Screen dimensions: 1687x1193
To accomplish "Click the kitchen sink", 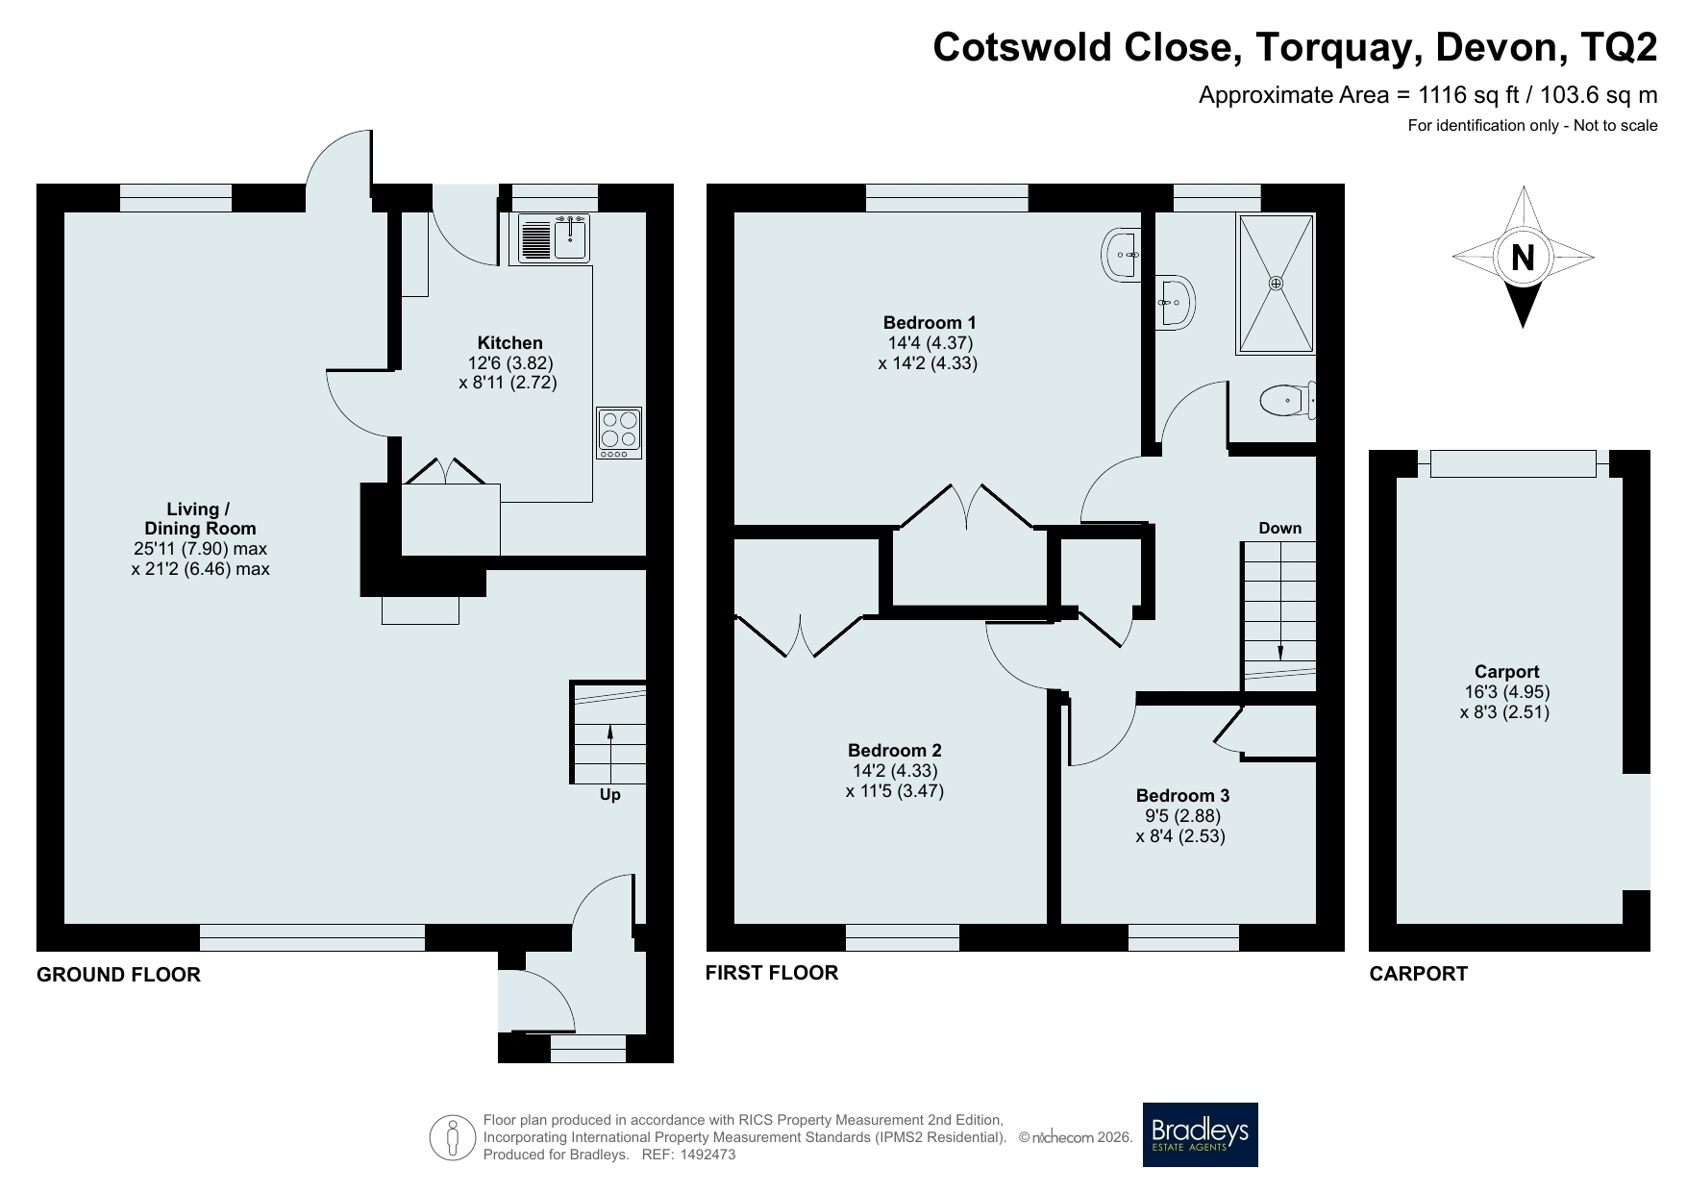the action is click(554, 238).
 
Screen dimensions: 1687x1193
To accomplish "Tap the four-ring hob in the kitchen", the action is click(618, 433).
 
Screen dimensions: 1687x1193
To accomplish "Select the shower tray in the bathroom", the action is click(1276, 284).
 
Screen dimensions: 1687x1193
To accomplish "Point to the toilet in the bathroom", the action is click(1287, 400).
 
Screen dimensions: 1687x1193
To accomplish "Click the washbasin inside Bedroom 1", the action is click(1121, 255).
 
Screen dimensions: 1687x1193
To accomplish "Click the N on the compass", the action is click(1523, 258).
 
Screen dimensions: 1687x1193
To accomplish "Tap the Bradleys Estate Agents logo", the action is click(1200, 1134).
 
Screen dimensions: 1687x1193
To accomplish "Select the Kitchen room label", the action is click(510, 343).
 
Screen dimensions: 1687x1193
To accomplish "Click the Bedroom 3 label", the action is click(1182, 795).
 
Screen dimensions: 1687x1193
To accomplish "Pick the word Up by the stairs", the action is click(609, 795).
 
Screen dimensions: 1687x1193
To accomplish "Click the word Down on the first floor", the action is click(1280, 528).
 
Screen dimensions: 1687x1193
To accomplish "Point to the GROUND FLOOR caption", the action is click(118, 975).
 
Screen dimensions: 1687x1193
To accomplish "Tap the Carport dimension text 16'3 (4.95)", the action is click(1506, 692).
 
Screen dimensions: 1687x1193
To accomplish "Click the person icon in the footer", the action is click(453, 1137).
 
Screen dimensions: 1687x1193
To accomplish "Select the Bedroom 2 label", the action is click(895, 751).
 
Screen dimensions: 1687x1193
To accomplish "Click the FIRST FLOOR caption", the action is click(772, 973).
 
